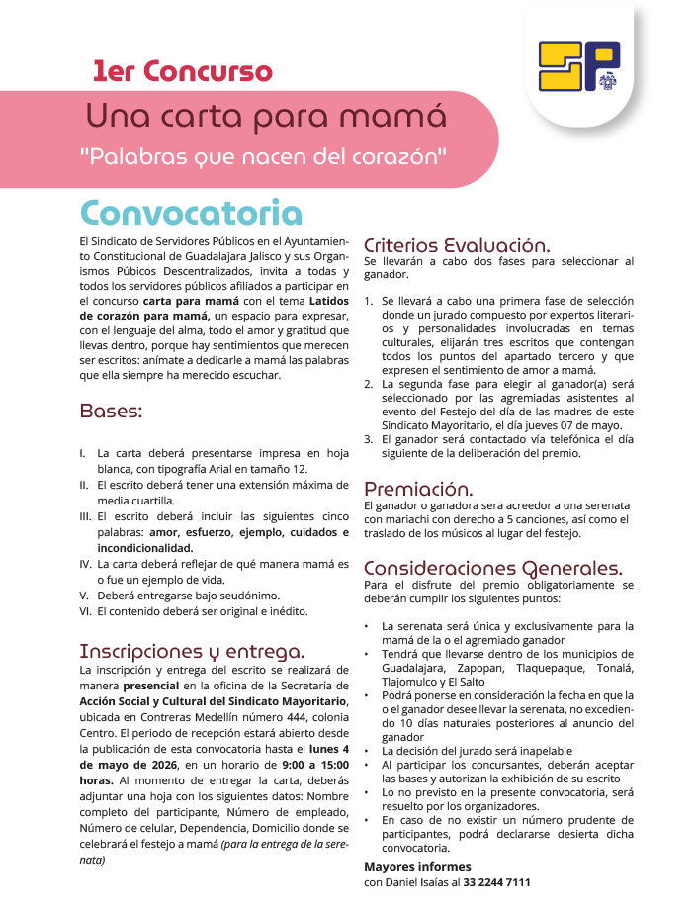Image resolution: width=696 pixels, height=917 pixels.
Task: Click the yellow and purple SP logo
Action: [579, 67]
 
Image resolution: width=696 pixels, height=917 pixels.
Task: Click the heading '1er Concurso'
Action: [182, 71]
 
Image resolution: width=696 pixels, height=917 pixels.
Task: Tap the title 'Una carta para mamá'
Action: [266, 116]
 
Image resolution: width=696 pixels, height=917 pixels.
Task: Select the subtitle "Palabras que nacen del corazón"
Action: [264, 155]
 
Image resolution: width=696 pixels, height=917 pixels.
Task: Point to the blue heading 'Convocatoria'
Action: [191, 213]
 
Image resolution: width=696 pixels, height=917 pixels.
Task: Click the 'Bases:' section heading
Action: [111, 410]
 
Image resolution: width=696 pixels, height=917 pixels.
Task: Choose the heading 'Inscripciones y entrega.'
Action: [192, 651]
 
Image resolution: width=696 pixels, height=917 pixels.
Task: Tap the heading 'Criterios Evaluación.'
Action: [457, 245]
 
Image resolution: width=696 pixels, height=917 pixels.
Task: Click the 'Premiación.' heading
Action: [418, 489]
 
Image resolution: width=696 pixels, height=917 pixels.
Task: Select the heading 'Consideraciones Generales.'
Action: [492, 568]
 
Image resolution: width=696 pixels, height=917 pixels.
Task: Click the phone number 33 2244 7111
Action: [496, 881]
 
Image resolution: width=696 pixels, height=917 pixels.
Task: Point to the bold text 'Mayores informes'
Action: [417, 866]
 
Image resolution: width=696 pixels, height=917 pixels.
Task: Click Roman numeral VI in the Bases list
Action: [84, 611]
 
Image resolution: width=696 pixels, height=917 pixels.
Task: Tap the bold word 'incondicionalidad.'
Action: [144, 547]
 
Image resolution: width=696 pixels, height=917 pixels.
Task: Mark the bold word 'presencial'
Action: [151, 685]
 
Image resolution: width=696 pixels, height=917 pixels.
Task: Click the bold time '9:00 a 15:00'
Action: [315, 764]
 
